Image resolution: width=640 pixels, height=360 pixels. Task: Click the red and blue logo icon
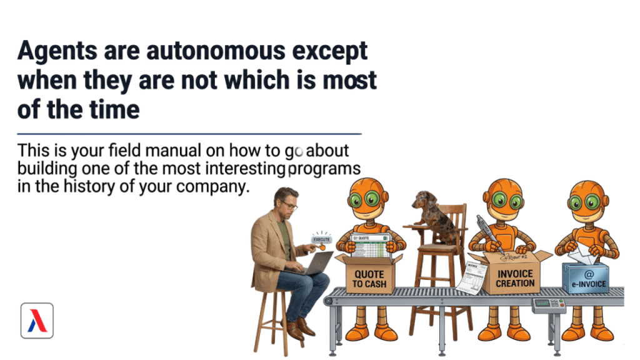tap(37, 321)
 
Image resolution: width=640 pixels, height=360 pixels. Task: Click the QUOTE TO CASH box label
tap(369, 279)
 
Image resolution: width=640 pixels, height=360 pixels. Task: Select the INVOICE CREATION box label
tap(515, 278)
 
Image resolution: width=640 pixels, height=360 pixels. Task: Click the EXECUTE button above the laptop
tap(321, 239)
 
